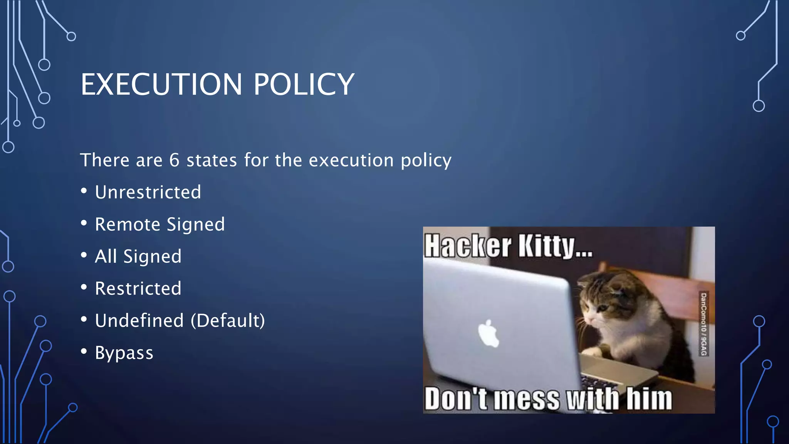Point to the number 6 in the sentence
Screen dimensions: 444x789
(174, 160)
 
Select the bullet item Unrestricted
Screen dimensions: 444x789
(148, 192)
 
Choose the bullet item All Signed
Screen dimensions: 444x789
(138, 256)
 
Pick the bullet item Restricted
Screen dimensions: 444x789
(138, 288)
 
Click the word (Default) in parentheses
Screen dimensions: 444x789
(228, 321)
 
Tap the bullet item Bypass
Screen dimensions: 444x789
(124, 353)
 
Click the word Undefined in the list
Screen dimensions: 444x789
(139, 321)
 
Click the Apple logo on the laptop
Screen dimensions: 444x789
(488, 333)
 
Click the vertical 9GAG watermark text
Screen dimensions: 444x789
(703, 324)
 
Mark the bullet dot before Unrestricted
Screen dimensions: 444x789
(84, 191)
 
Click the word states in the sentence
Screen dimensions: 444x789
(212, 160)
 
